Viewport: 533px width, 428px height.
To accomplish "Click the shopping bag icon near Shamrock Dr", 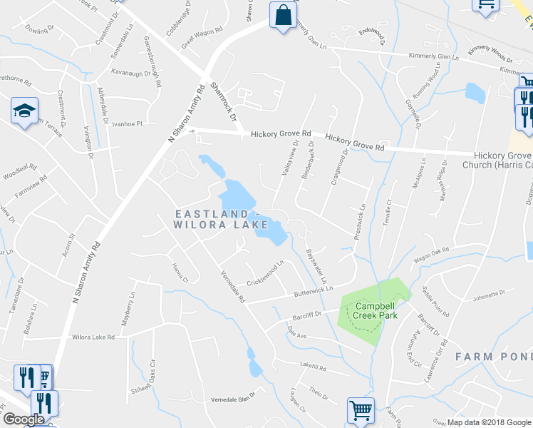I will coord(283,16).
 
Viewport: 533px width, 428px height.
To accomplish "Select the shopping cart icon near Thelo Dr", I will coord(361,410).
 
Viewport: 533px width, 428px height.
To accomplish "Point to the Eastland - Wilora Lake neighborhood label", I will coord(222,219).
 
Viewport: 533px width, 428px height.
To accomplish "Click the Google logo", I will coord(24,419).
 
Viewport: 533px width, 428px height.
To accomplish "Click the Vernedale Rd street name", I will coord(232,287).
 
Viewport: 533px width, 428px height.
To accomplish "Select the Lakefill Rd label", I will coord(313,368).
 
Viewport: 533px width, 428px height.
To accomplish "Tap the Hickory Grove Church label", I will coord(503,160).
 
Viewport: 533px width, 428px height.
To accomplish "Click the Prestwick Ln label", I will coord(363,222).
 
